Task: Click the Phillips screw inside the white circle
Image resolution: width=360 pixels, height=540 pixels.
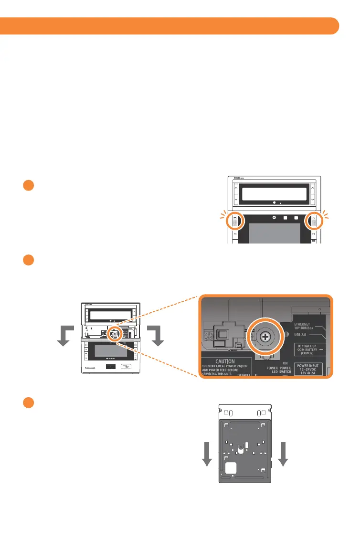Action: click(265, 337)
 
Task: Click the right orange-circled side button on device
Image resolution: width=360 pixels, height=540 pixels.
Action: click(314, 222)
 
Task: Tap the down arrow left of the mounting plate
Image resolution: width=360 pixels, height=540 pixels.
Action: click(207, 454)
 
